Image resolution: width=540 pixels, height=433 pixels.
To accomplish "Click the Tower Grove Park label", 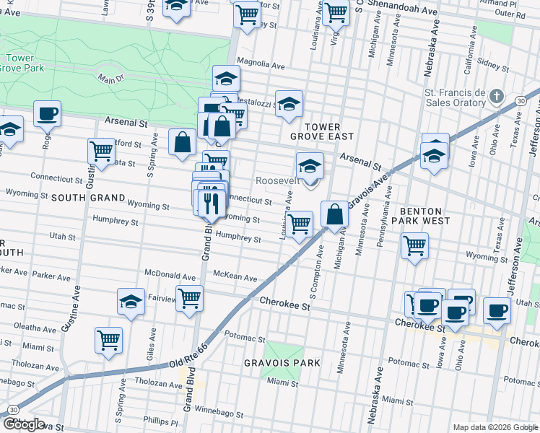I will point(24,63).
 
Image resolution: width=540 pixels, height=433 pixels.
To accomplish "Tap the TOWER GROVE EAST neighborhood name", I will point(322,130).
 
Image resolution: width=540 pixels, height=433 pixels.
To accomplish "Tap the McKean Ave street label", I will point(235,277).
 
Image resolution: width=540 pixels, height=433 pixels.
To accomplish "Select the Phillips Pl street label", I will point(160,421).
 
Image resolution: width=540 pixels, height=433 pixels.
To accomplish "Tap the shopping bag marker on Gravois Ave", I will point(334,214).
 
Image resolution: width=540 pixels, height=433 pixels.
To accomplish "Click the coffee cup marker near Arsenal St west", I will point(47,113).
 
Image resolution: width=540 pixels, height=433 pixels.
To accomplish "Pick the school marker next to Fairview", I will point(131,301).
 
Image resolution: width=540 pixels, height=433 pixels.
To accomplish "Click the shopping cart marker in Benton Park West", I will point(414,245).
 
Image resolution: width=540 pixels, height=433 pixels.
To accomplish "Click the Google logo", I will point(23,424).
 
